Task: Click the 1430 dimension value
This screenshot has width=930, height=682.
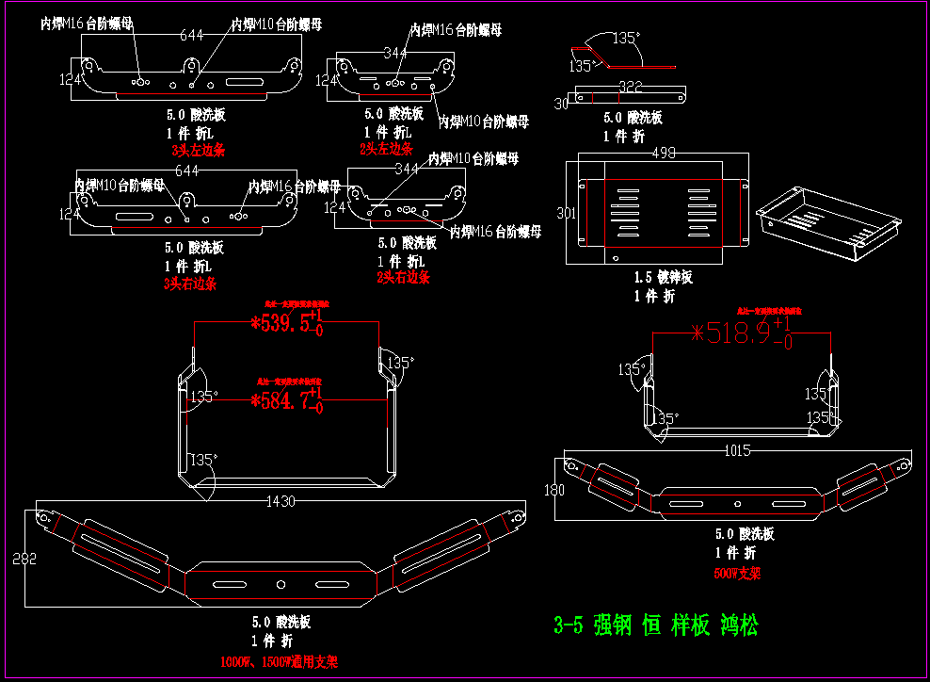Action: [284, 500]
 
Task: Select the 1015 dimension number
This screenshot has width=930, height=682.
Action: [737, 451]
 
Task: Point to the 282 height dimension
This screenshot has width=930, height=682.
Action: [24, 559]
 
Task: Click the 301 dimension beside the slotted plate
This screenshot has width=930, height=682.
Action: [566, 214]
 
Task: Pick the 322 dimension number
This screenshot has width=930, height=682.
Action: [630, 88]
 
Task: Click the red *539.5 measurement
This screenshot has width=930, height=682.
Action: [282, 324]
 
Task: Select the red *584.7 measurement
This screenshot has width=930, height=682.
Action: [282, 401]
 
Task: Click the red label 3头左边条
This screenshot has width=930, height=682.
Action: [198, 150]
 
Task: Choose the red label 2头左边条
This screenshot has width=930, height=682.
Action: [386, 149]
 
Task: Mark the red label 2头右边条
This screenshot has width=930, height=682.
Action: [403, 277]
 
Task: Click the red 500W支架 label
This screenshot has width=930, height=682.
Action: [737, 572]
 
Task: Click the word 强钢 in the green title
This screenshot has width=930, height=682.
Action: [613, 625]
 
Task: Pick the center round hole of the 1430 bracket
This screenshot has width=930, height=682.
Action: [281, 585]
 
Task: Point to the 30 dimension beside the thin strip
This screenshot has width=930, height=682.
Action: [562, 104]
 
